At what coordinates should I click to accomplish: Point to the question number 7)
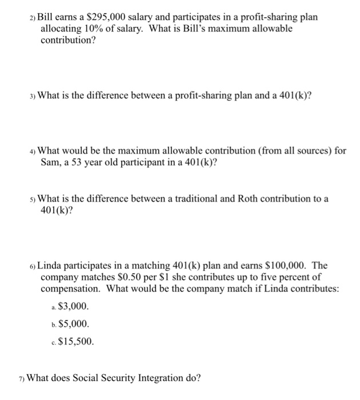tap(21, 378)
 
